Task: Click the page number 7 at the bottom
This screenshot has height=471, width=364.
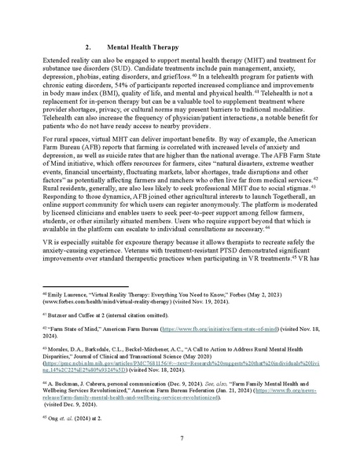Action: pyautogui.click(x=182, y=459)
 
